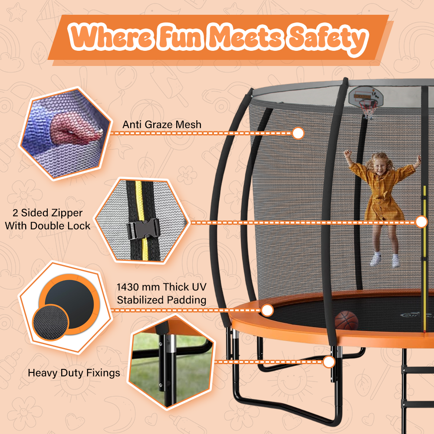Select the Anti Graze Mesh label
[x=162, y=125]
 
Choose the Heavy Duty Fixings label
[x=74, y=372]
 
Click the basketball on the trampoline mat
[x=346, y=321]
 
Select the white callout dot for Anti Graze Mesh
[x=298, y=133]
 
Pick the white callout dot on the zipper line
[x=421, y=222]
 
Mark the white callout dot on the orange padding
[x=267, y=310]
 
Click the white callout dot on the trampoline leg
[x=329, y=362]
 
